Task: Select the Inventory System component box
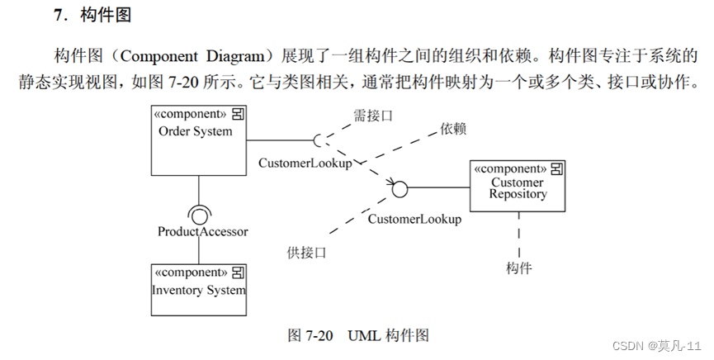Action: [199, 290]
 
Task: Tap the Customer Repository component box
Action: [518, 184]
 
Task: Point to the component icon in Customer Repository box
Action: [557, 168]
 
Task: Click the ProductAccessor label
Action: [202, 231]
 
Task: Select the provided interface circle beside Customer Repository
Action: [400, 189]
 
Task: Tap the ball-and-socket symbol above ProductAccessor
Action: [199, 214]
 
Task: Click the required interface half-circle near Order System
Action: [318, 140]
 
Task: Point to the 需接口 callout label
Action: [372, 116]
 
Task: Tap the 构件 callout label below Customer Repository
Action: [519, 268]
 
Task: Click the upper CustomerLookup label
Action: [305, 163]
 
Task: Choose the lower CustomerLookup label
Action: [414, 219]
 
